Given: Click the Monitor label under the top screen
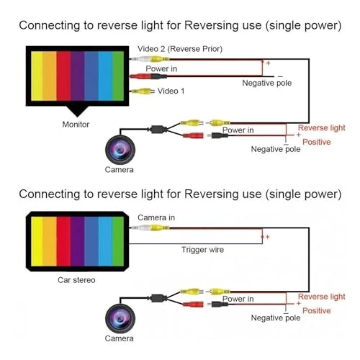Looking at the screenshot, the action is point(76,125).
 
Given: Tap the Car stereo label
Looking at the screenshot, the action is point(76,280).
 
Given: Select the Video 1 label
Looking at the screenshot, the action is point(171,91).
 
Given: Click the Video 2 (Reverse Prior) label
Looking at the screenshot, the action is point(180,49).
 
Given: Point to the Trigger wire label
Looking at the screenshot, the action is point(202,250).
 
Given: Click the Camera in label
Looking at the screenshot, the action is point(156,217).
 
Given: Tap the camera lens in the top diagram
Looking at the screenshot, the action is point(120,149).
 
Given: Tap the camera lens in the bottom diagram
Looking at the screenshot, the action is point(120,318).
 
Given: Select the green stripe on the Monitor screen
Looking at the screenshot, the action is point(118,76).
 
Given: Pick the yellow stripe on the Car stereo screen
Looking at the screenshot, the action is point(37,241).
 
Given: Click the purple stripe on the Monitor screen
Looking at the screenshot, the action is point(77,76).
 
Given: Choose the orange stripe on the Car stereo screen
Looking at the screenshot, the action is point(50,241).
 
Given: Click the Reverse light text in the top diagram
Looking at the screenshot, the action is point(322,128).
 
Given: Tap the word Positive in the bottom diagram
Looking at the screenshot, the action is point(317,311).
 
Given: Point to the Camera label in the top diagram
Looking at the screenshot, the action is point(119,170).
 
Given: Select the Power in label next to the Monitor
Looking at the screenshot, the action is point(161,69).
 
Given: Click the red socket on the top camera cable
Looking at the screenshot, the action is point(193,135).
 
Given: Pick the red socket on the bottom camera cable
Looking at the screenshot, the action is point(193,305).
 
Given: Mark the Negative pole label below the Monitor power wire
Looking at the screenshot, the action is point(267,83).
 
